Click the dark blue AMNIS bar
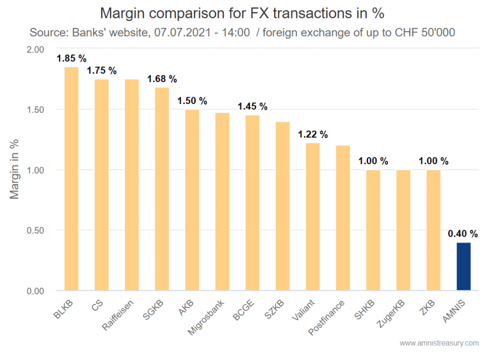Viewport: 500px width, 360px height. point(463,266)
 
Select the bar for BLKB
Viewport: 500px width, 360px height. point(71,179)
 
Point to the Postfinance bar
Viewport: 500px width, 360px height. point(343,218)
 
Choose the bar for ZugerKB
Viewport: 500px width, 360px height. point(403,230)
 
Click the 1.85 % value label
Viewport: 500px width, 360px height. point(71,59)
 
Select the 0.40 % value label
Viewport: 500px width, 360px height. point(463,234)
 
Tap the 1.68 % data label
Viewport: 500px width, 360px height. point(162,79)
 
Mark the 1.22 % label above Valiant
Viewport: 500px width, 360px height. point(313,134)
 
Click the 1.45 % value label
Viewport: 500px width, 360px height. point(252,106)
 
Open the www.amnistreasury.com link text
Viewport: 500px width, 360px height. point(439,343)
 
